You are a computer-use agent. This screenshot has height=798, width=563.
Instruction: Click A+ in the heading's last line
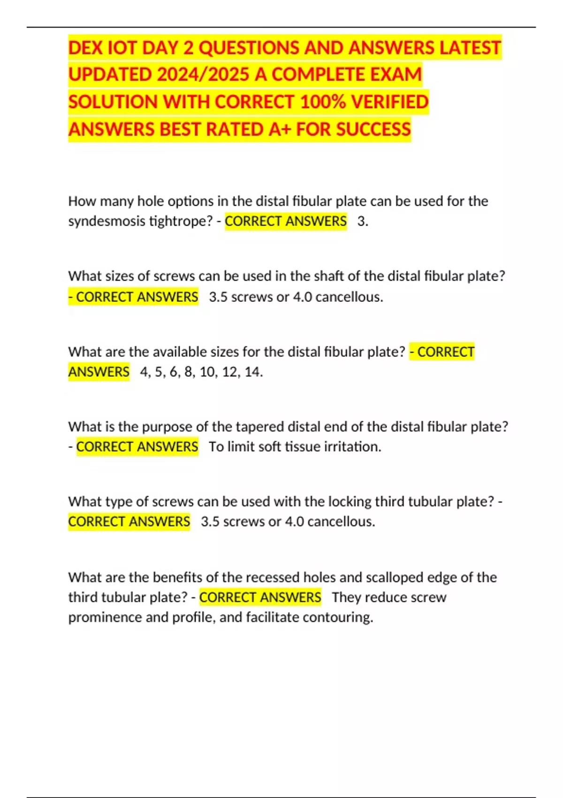279,129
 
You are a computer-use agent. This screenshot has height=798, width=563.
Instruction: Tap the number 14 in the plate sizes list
253,372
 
